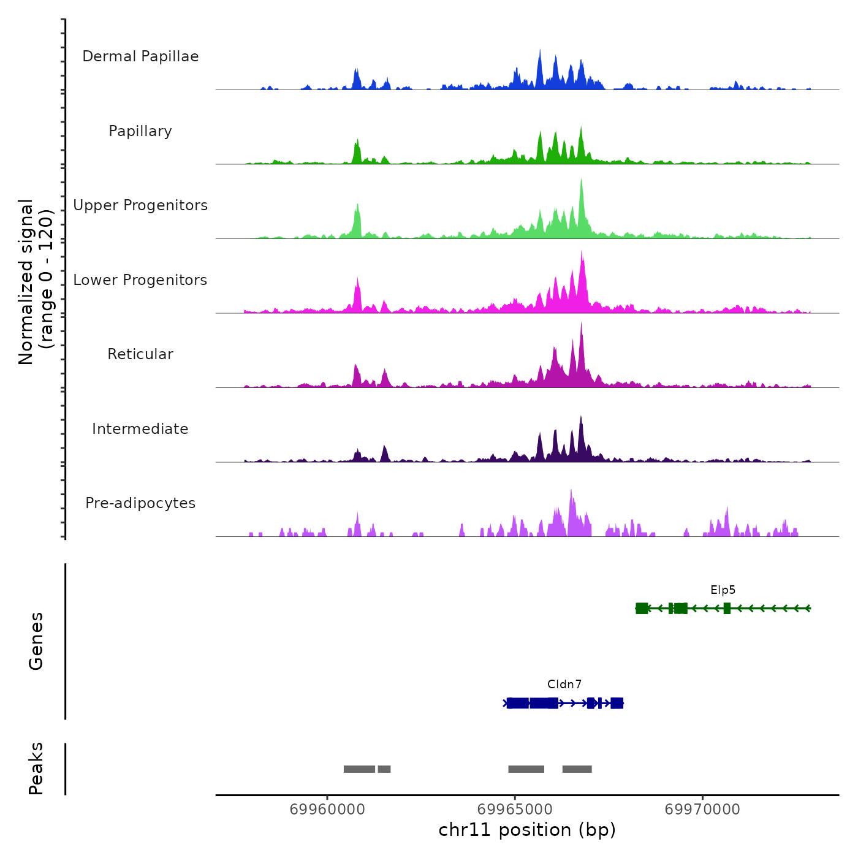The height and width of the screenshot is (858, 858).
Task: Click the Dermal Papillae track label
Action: [140, 56]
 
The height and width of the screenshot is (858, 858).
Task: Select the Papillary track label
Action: [140, 131]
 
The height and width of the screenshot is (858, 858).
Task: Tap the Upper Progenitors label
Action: [140, 205]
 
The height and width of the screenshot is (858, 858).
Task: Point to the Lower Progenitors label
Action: [140, 280]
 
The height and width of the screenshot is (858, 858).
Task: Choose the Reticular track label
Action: [140, 354]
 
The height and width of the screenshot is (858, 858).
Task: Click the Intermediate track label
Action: [140, 429]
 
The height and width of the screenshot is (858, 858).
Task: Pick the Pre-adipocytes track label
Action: [140, 503]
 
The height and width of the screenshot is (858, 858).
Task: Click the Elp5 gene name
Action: [723, 590]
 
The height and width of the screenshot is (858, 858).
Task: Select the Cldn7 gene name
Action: [564, 685]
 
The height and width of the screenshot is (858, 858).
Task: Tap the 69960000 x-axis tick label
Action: [327, 810]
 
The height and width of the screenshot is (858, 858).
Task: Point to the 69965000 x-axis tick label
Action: [515, 810]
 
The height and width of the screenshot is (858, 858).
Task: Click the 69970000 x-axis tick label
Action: [702, 810]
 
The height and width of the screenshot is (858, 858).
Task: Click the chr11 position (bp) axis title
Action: [527, 830]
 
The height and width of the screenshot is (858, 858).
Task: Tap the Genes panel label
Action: [36, 641]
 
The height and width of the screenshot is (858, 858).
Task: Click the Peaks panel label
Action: [36, 769]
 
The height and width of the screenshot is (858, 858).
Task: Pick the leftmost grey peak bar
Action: [359, 769]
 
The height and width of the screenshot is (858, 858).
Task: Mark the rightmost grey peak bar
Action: [577, 769]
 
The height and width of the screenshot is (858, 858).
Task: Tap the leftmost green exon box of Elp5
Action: [642, 608]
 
